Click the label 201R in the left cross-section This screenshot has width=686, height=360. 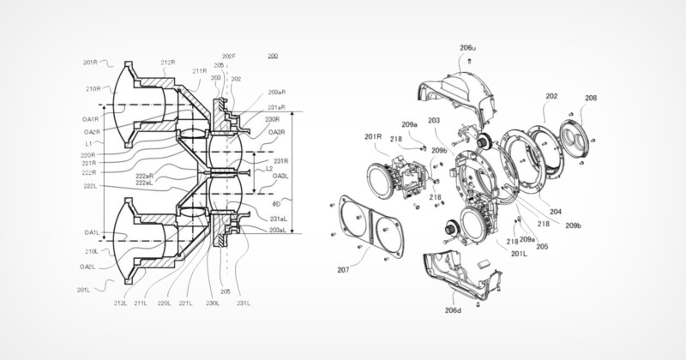point(92,62)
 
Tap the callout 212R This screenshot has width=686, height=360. point(168,62)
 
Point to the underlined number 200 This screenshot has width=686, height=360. point(273,57)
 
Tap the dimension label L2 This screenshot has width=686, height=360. point(268,169)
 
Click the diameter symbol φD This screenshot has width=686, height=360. point(275,204)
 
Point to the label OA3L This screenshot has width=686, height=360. point(276,177)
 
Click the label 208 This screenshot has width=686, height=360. point(591,99)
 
